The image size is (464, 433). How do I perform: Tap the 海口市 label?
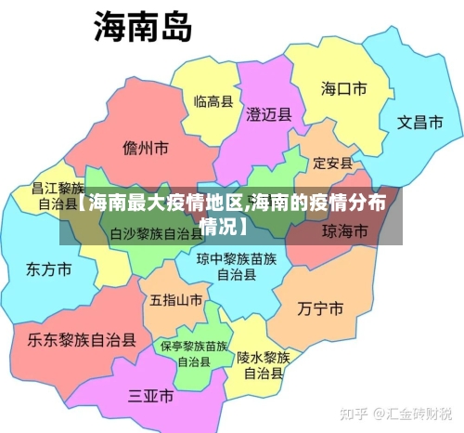(x=343, y=89)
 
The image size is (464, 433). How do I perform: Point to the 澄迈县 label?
(x=269, y=115)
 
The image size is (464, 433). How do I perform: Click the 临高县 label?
(x=213, y=100)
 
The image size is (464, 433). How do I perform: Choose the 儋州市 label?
(x=145, y=148)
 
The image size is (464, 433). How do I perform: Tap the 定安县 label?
(x=332, y=164)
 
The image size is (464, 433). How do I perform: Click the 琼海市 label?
(x=344, y=230)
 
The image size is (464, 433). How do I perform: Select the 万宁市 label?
(x=321, y=308)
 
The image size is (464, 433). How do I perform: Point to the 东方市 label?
(x=48, y=270)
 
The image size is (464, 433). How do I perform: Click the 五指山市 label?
(x=175, y=300)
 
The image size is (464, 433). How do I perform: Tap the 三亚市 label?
(x=150, y=396)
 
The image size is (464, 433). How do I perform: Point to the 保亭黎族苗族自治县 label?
(x=194, y=353)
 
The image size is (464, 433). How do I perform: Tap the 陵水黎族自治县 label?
(x=264, y=365)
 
